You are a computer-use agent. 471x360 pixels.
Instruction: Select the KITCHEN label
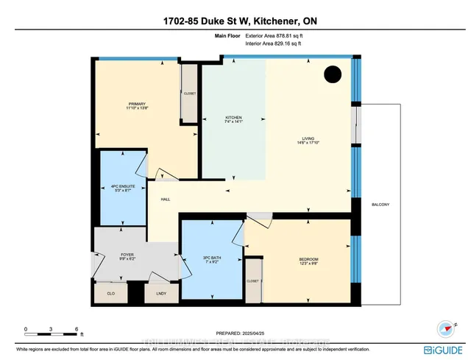(233, 118)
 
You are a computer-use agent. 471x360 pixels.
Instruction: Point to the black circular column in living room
(333, 74)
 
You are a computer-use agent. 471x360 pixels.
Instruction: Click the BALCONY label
(380, 204)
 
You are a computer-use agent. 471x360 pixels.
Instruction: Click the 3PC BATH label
(210, 258)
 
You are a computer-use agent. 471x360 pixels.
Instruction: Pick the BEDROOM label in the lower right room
(308, 260)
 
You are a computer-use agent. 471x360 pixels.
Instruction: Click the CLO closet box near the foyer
(111, 292)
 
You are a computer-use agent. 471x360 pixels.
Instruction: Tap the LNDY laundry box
(160, 292)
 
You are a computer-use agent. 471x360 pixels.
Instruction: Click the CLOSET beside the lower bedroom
(253, 281)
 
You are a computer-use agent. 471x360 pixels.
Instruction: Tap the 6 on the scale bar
(77, 328)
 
